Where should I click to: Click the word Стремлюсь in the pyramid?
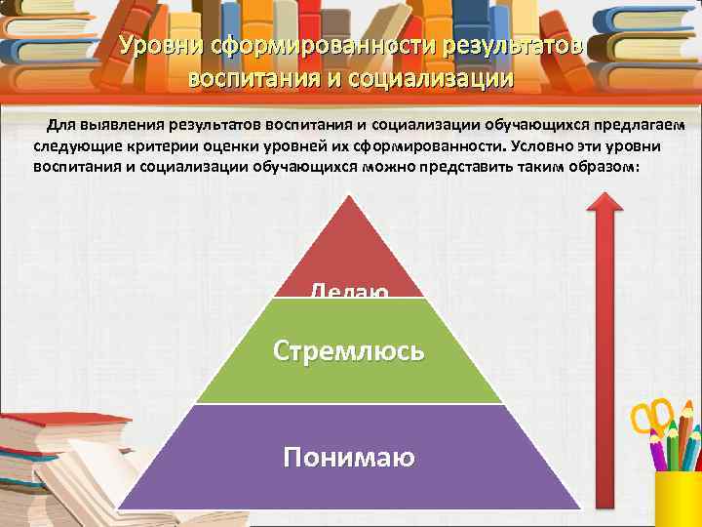(x=349, y=349)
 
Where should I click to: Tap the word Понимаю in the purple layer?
(x=349, y=457)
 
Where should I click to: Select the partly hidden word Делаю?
(x=349, y=290)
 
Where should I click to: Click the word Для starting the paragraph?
(x=58, y=126)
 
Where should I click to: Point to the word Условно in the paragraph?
(x=543, y=146)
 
